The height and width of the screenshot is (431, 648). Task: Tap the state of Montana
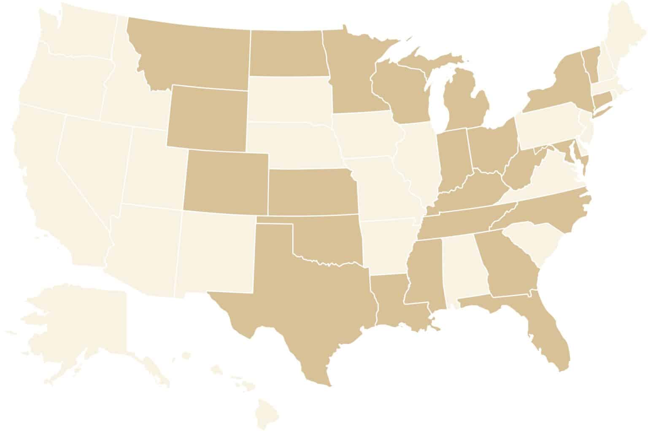click(x=190, y=55)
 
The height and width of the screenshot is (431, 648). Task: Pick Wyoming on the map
click(x=207, y=118)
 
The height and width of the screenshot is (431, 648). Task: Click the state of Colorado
click(x=226, y=181)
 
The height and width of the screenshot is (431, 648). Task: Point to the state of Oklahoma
click(x=329, y=240)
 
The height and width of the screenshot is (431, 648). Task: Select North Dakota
click(x=287, y=53)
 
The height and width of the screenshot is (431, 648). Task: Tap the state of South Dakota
click(x=289, y=99)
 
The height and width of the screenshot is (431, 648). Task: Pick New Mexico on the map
click(x=215, y=253)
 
